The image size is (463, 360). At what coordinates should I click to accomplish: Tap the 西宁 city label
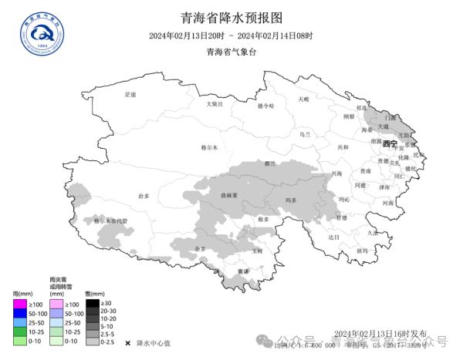point(388,144)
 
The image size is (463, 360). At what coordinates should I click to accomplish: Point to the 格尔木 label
point(209,146)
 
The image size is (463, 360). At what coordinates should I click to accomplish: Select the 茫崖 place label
point(130,94)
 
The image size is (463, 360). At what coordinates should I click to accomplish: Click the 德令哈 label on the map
point(265,106)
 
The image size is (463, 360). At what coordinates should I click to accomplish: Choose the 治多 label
point(143,196)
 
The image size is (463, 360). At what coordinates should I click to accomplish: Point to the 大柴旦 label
point(214,103)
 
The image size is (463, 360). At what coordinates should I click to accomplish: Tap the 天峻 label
point(303,99)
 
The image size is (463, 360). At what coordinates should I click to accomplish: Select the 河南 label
point(388,203)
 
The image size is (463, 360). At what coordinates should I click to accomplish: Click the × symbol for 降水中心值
point(127,341)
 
